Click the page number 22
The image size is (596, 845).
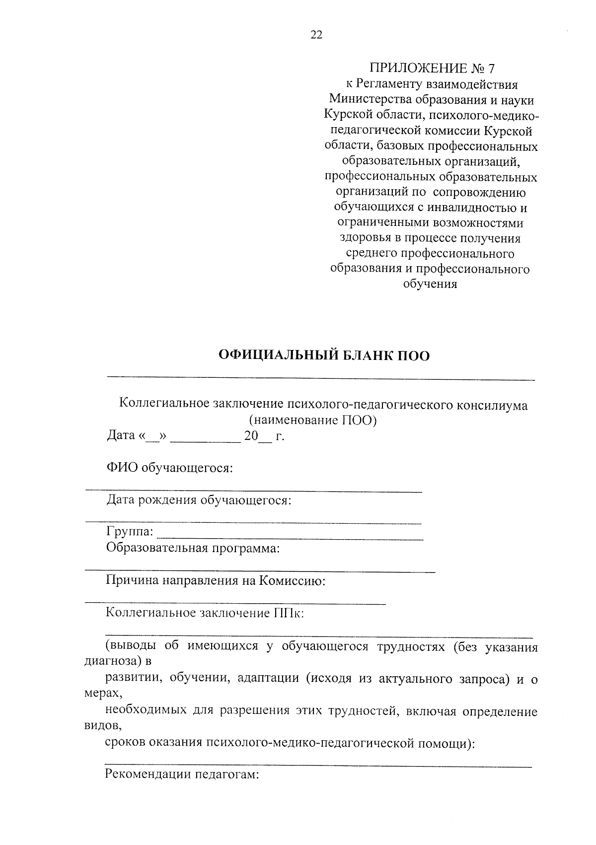[x=316, y=35]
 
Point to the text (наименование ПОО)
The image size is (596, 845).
[x=313, y=421]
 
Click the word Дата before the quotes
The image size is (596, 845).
[x=121, y=436]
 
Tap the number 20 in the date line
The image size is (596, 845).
[x=250, y=436]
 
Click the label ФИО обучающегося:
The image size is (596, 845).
[x=169, y=468]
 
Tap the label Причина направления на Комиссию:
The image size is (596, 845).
[x=215, y=580]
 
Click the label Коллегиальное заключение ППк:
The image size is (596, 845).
[x=205, y=613]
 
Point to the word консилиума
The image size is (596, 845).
[x=492, y=405]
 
